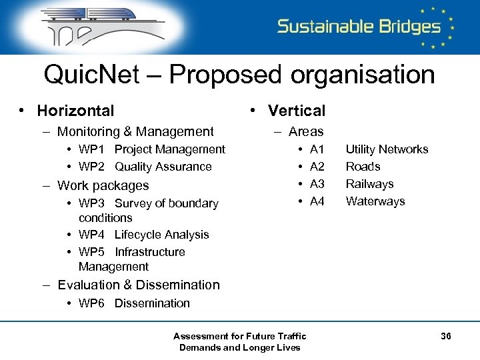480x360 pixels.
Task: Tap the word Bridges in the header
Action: click(401, 27)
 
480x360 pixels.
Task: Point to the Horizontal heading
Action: click(75, 111)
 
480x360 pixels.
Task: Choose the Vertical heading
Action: click(296, 111)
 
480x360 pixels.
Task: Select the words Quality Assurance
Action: click(163, 167)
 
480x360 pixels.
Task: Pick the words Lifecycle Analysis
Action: click(161, 235)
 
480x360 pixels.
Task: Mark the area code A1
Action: click(317, 149)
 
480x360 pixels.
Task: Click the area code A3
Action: click(317, 184)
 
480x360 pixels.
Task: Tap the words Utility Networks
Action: click(387, 149)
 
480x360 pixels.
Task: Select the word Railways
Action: click(369, 184)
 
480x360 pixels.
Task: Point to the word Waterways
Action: click(375, 201)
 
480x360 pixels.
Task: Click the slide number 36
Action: click(446, 337)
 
